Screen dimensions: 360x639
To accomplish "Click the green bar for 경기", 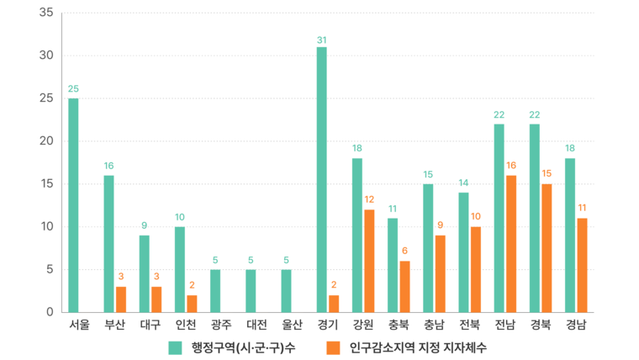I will point(322,179).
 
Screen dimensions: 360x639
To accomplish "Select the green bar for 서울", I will point(73,205).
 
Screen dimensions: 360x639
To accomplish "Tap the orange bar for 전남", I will point(511,244).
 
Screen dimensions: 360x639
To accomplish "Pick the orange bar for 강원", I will point(369,261).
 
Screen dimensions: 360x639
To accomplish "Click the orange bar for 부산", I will point(121,299).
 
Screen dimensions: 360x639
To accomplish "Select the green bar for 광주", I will point(215,291).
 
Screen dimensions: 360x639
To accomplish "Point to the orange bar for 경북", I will point(547,248).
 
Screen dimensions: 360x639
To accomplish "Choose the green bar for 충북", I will point(393,265).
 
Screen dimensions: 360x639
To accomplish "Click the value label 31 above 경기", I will point(322,40).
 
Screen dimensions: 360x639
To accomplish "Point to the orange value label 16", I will point(511,167).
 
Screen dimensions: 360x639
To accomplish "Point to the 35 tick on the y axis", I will point(46,13).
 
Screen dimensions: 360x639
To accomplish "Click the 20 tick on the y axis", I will point(46,141).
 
